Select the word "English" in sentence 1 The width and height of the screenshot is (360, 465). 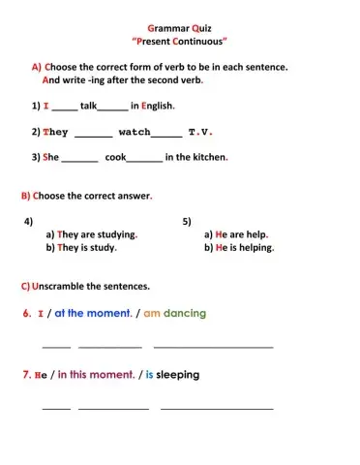(x=158, y=106)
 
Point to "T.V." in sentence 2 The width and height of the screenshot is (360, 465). (x=199, y=132)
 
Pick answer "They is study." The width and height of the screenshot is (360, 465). (x=87, y=248)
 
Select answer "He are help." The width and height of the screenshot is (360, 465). (x=236, y=234)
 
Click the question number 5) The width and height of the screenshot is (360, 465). (x=187, y=221)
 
